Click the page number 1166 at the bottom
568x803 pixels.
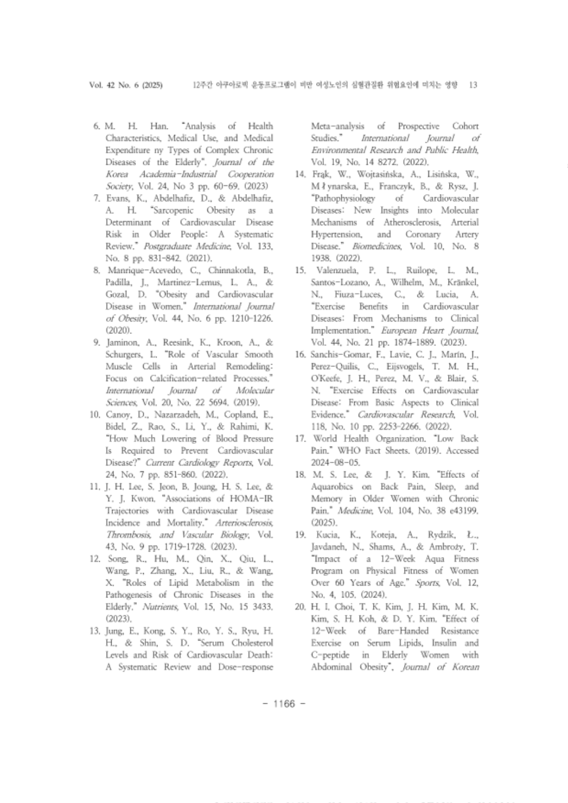tap(284, 704)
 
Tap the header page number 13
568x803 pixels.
tap(473, 85)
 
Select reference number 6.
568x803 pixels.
tap(97, 126)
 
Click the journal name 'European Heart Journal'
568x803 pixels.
tap(425, 331)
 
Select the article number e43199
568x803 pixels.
tap(462, 511)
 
